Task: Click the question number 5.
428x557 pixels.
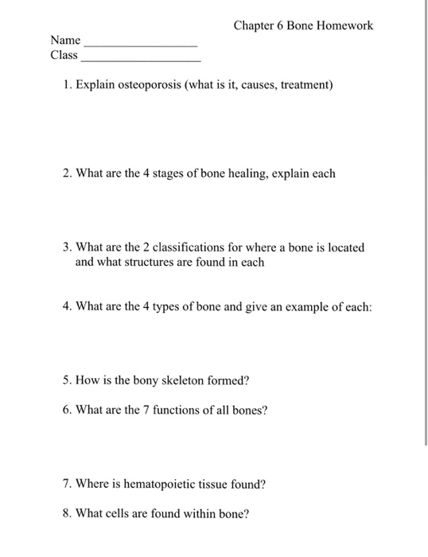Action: point(66,380)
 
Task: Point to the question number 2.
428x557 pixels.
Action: point(66,173)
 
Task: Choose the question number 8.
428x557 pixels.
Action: point(66,513)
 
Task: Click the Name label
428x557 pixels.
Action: point(65,39)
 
